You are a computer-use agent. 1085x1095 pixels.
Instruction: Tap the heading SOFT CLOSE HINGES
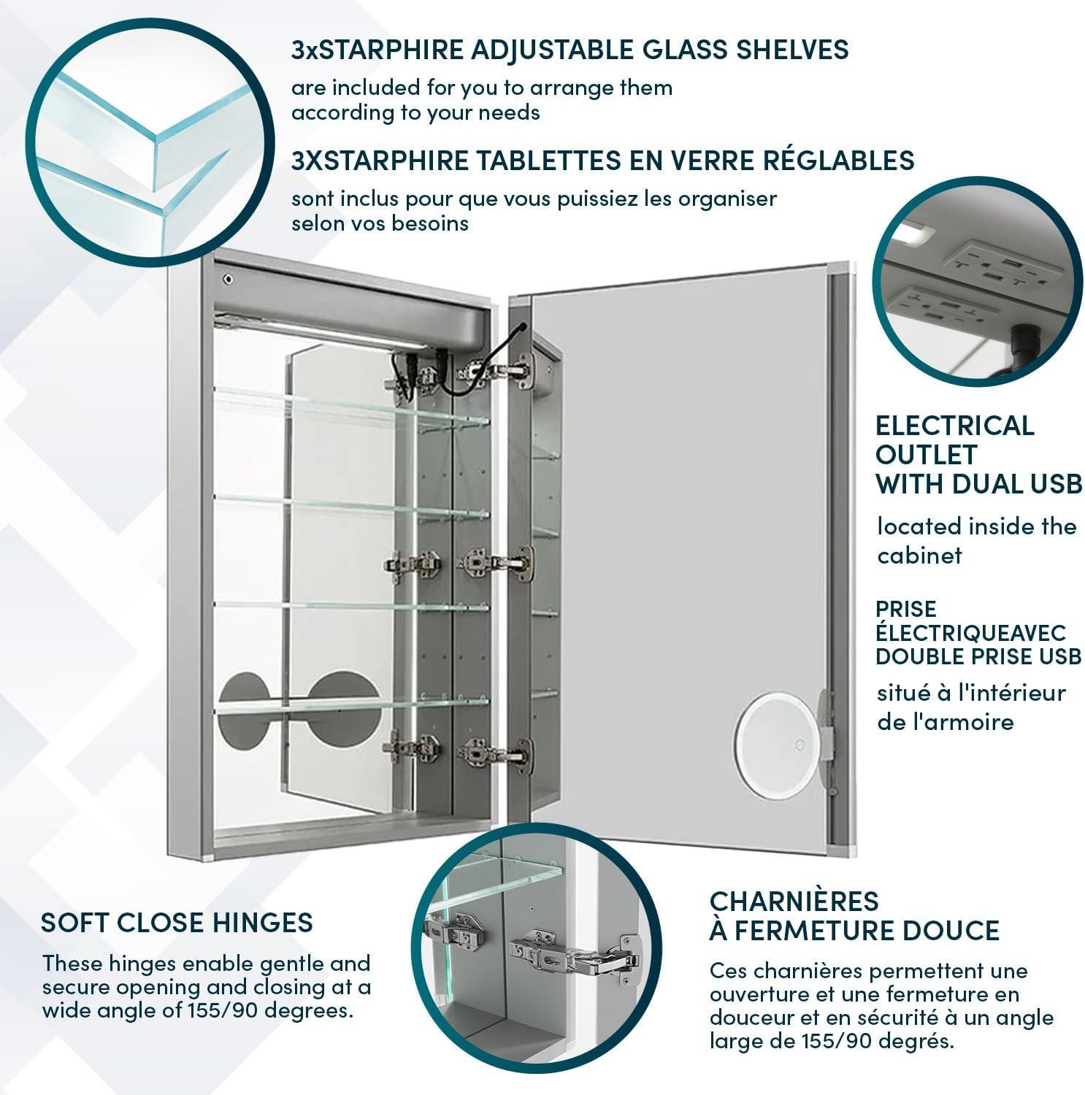click(x=177, y=923)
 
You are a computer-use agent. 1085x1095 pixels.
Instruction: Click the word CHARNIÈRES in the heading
click(x=794, y=902)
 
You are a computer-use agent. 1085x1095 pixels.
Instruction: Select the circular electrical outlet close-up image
click(x=977, y=281)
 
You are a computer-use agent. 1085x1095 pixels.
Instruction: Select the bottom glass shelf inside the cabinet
click(x=350, y=705)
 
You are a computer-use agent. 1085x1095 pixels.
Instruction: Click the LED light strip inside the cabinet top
click(x=321, y=333)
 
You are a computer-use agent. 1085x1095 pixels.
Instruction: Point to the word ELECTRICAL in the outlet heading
click(x=954, y=426)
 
